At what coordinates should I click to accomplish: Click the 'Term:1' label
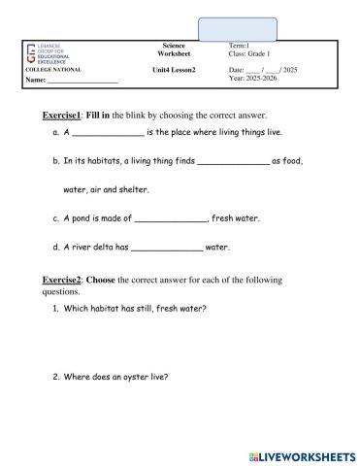[x=239, y=47]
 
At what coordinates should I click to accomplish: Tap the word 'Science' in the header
[x=176, y=46]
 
